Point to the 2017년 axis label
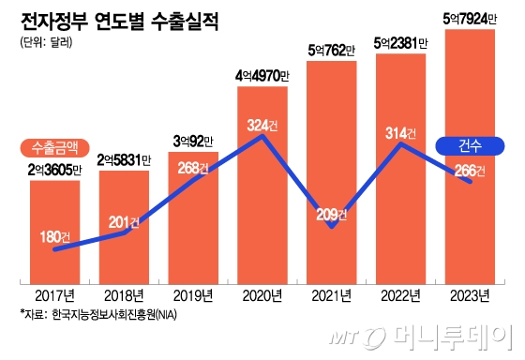pos(54,296)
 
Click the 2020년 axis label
pos(263,296)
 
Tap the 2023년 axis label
pos(469,296)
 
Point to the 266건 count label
pos(469,170)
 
